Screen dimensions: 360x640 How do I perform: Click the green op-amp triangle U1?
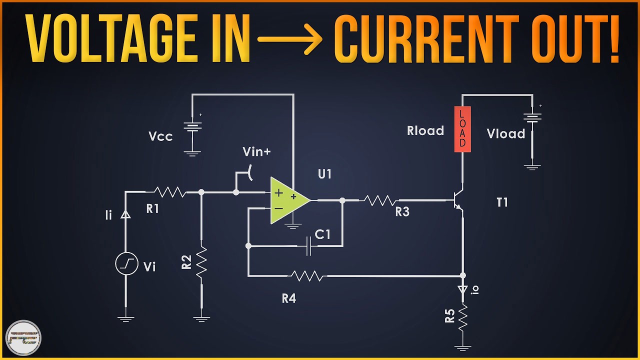pos(286,200)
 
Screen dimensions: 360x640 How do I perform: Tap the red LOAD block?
pos(462,129)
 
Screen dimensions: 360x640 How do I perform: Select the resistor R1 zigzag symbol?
pos(169,192)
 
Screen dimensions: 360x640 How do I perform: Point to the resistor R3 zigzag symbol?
pos(379,200)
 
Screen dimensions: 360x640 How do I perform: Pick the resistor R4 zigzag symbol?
pos(307,275)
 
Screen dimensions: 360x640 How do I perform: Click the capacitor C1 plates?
pos(308,246)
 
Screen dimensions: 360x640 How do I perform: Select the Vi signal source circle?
pos(126,264)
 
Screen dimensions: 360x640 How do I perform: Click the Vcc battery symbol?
pos(192,126)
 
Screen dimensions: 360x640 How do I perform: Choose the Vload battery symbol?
pos(532,118)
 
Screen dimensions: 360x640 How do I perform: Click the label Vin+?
pos(256,151)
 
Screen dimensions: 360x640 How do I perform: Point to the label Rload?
pos(425,131)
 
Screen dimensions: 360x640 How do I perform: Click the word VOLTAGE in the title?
pos(108,38)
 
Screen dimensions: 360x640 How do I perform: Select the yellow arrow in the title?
pos(290,38)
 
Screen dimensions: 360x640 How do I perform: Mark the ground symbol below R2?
pos(201,317)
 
